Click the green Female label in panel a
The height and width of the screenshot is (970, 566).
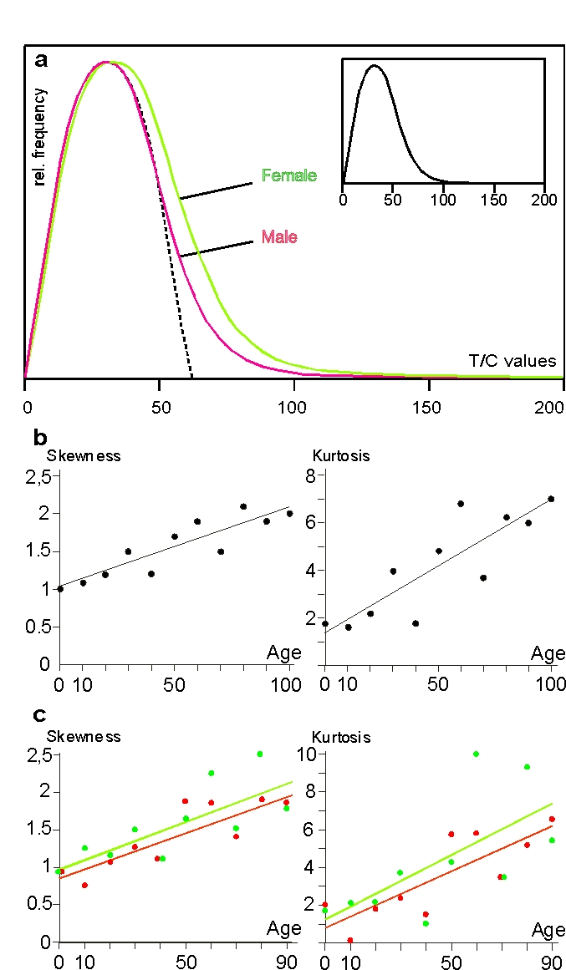288,175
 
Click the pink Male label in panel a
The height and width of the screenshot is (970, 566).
279,237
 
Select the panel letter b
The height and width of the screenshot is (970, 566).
39,437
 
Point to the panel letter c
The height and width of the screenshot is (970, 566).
38,716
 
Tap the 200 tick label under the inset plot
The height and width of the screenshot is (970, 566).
544,201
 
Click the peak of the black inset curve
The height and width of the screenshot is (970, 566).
374,65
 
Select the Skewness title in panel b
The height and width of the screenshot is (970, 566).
84,456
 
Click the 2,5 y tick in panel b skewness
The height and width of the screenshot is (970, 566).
40,476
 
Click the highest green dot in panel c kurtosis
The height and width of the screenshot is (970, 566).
476,754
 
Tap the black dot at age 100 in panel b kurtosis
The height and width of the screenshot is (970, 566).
551,499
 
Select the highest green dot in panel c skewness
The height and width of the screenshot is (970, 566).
260,754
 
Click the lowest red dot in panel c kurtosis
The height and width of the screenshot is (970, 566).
350,940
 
